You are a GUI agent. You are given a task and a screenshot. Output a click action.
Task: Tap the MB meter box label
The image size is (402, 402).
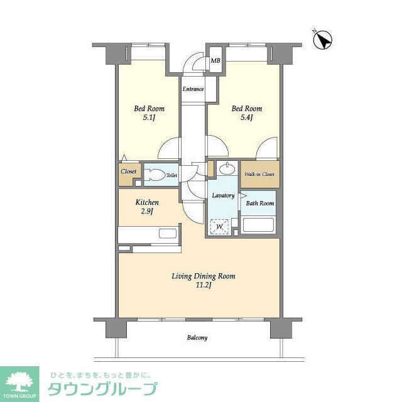[215, 61]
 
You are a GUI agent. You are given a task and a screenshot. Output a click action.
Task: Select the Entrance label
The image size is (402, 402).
[193, 89]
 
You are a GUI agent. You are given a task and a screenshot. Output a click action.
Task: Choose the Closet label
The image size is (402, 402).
[129, 171]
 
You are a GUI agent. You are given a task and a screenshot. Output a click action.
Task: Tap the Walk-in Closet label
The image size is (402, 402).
[259, 174]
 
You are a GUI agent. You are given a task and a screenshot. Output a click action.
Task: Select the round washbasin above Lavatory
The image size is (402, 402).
[226, 169]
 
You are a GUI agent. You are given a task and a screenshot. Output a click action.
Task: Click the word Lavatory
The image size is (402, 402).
[223, 195]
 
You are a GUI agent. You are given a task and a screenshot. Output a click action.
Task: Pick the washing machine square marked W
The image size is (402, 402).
[220, 226]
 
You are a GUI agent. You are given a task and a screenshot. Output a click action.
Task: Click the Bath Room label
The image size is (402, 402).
[259, 203]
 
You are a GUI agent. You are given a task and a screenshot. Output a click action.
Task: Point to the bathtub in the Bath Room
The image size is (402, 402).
[258, 224]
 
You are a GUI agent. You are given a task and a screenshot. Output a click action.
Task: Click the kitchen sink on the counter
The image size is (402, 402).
[168, 234]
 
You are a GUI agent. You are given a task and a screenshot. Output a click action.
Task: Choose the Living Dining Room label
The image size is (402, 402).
[198, 276]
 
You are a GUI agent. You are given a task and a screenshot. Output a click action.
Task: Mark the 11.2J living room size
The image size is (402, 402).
[198, 286]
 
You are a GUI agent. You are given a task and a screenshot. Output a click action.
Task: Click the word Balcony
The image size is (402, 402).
[197, 338]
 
